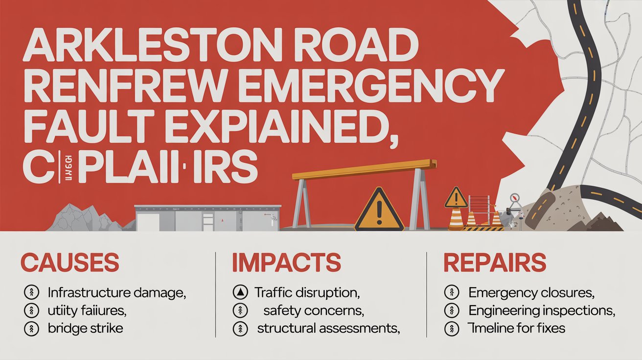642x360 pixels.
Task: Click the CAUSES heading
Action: point(70,263)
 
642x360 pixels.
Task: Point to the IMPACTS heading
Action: point(286,263)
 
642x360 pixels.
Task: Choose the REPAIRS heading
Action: point(494,263)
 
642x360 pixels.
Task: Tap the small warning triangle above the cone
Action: point(456,198)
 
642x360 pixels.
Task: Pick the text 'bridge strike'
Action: point(86,328)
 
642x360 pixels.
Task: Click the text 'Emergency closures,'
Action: point(531,293)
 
